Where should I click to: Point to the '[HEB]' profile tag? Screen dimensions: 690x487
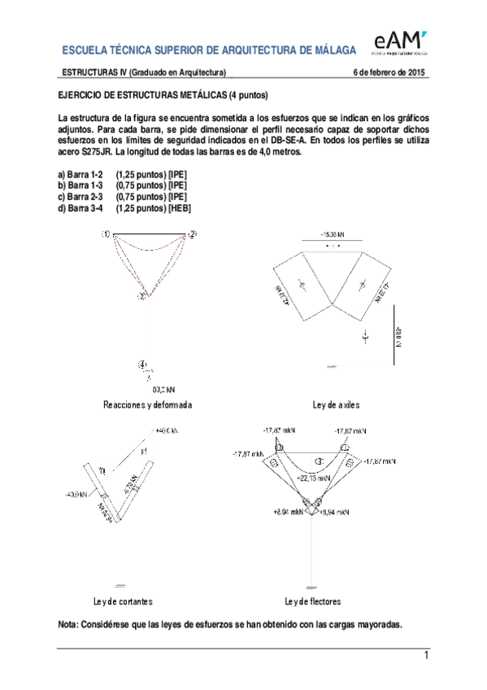pos(179,208)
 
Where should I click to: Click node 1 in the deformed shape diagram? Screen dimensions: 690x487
pos(106,234)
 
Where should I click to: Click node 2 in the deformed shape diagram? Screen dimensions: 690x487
pos(192,234)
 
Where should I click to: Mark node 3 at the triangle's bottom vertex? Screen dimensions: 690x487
pos(141,296)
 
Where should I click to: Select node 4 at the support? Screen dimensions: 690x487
pos(143,364)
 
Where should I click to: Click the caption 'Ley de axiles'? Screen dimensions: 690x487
pos(336,404)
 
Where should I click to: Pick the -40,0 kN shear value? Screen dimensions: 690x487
pos(76,494)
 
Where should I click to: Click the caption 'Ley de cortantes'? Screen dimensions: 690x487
pos(124,601)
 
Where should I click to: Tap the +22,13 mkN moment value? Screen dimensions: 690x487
pos(313,478)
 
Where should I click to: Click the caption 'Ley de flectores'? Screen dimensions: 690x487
pos(312,601)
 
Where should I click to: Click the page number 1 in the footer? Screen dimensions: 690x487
pos(424,656)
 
